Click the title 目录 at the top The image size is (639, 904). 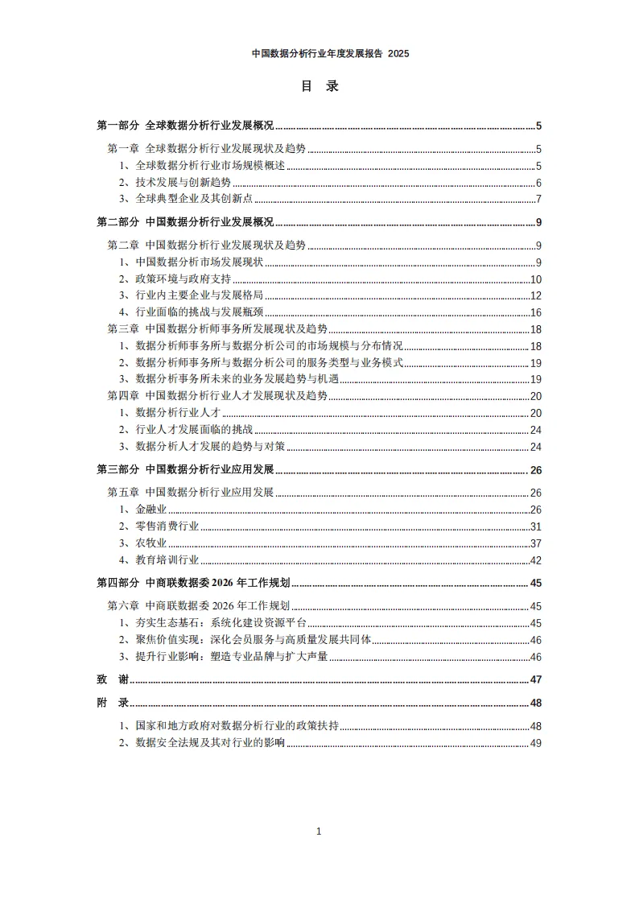(319, 86)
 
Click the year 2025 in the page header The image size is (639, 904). (398, 54)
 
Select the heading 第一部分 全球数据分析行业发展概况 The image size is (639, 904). (185, 126)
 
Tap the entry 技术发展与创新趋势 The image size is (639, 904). (183, 183)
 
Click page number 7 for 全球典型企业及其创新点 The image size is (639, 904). (538, 199)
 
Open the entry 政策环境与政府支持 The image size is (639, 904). (183, 279)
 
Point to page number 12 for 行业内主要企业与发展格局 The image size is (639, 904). (535, 295)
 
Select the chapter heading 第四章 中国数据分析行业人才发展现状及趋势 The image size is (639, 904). (217, 395)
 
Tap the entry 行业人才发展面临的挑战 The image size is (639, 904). (194, 429)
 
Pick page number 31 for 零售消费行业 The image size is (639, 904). (535, 526)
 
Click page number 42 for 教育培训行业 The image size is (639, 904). (535, 560)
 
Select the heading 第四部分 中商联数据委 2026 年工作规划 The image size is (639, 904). (193, 583)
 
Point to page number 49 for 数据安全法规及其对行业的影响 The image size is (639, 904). (535, 743)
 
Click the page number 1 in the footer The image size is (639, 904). (319, 832)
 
